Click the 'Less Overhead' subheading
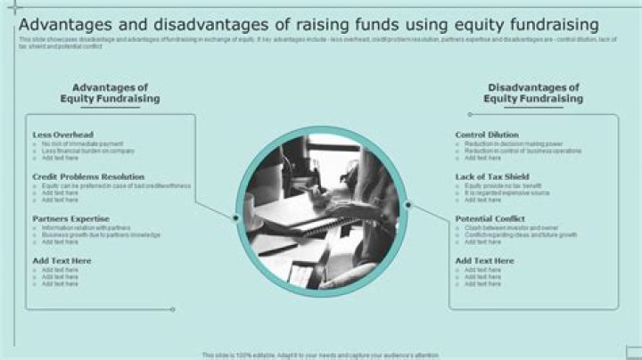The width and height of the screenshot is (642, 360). (x=62, y=135)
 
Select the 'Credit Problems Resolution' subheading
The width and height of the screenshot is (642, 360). (x=88, y=176)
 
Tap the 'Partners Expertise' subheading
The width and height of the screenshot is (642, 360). (x=70, y=218)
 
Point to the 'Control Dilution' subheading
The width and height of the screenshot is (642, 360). (x=487, y=135)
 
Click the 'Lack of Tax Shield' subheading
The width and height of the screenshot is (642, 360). (x=492, y=176)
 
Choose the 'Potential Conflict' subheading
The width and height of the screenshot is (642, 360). (x=490, y=218)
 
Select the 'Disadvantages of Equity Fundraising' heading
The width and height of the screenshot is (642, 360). (x=533, y=93)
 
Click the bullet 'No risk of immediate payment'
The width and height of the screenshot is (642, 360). (x=82, y=143)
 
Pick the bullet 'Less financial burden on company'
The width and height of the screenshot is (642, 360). (x=87, y=151)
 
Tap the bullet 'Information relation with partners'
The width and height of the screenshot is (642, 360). (x=86, y=227)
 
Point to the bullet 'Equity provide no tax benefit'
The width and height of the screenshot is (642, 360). (x=504, y=185)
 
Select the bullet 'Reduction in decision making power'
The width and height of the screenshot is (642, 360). (x=513, y=143)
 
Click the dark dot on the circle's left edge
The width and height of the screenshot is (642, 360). (x=235, y=217)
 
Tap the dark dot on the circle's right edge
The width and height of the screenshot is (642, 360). (x=408, y=205)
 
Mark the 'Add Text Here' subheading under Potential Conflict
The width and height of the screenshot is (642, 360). (x=485, y=260)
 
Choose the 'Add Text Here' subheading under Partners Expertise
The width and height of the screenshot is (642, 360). (x=62, y=260)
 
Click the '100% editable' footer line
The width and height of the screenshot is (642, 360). (x=321, y=354)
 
